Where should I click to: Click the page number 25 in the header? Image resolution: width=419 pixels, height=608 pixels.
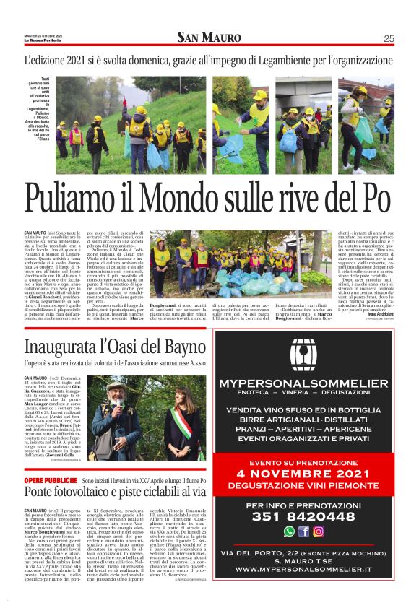pyautogui.click(x=389, y=39)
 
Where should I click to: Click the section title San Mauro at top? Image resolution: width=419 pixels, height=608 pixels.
pyautogui.click(x=209, y=38)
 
